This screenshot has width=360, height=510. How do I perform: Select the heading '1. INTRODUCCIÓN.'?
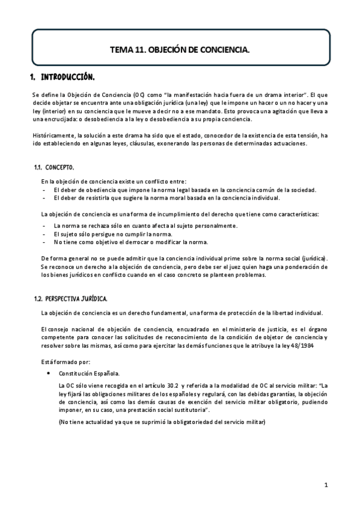tap(63, 77)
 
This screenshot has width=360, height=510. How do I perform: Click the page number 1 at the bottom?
tap(325, 484)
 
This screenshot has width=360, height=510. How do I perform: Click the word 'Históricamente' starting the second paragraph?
tap(50, 136)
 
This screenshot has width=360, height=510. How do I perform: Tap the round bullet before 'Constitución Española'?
tap(47, 373)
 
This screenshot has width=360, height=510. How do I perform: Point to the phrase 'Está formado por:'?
tap(66, 362)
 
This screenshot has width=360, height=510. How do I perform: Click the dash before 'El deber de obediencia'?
tap(45, 189)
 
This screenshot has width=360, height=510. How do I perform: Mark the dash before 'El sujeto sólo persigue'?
tap(45, 234)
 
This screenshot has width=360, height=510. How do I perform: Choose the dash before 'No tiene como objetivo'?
tap(45, 242)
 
